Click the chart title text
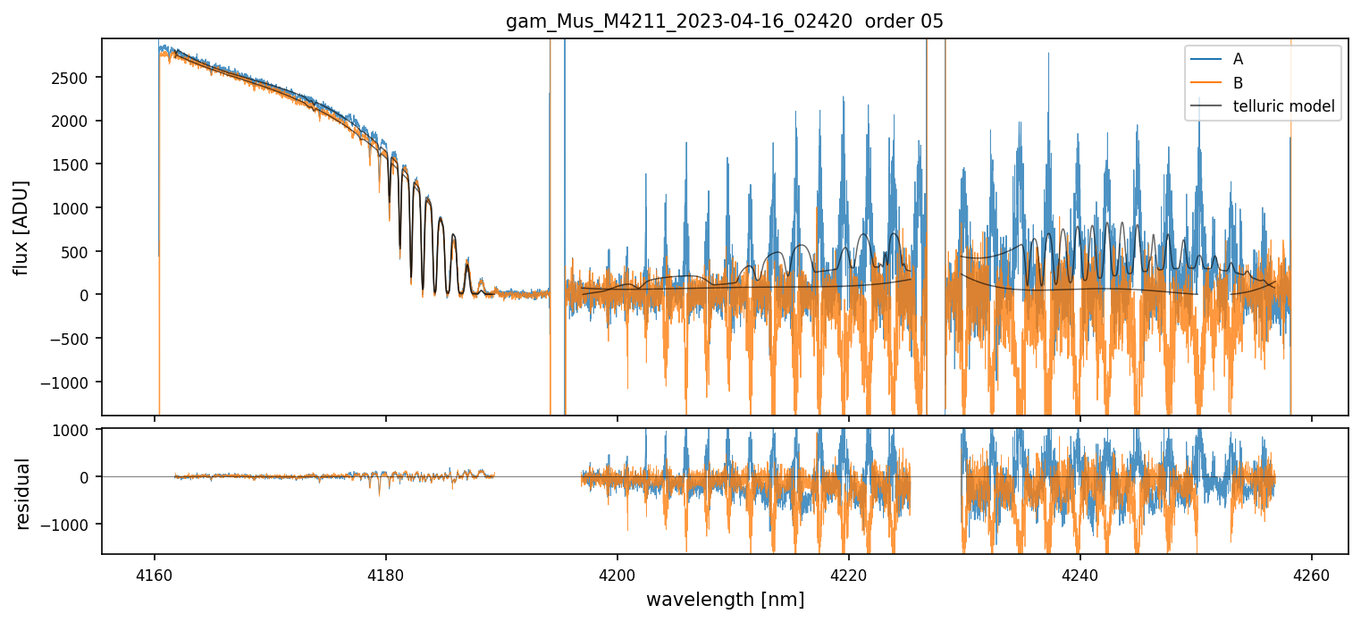[725, 21]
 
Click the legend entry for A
[1238, 59]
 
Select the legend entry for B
[1238, 83]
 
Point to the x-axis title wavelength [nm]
[725, 600]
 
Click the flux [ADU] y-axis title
[21, 227]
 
